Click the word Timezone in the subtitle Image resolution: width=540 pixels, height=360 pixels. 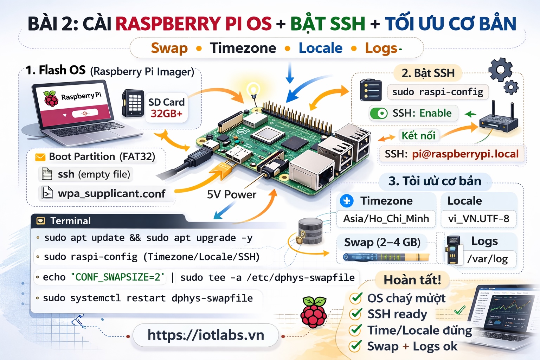[243, 48]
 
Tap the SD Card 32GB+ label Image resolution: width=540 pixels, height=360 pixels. [166, 108]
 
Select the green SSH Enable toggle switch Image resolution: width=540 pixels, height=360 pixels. [379, 114]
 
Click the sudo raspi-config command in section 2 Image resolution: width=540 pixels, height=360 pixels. [438, 92]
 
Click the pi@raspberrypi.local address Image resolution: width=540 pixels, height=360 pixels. [465, 154]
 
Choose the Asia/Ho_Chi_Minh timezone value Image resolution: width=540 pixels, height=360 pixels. [386, 219]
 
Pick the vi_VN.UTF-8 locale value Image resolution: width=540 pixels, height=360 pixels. [478, 219]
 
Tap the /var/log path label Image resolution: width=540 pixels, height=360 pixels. [487, 259]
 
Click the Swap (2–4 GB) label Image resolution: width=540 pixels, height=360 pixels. [382, 242]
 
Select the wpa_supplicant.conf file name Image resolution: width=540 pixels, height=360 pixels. [111, 194]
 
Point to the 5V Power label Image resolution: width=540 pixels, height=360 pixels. [231, 194]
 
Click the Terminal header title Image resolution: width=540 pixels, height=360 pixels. [71, 221]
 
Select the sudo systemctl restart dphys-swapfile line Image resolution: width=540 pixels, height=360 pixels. [148, 298]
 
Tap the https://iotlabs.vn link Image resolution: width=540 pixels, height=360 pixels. [206, 335]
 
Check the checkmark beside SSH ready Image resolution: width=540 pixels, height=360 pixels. [356, 314]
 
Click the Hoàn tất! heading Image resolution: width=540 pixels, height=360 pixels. [412, 280]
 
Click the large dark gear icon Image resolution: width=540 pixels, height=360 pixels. [500, 69]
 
